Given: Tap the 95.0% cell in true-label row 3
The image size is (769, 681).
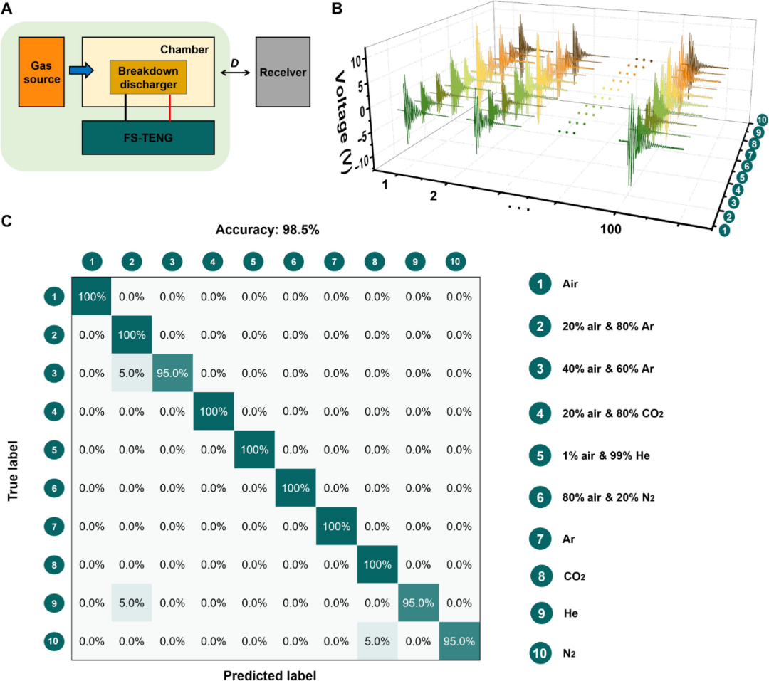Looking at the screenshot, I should tap(174, 374).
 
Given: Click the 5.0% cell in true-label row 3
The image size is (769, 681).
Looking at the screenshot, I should tap(132, 374).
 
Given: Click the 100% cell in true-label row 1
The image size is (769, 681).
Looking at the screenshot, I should tap(92, 297).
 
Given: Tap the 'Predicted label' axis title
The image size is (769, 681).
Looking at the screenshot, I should tap(269, 674).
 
